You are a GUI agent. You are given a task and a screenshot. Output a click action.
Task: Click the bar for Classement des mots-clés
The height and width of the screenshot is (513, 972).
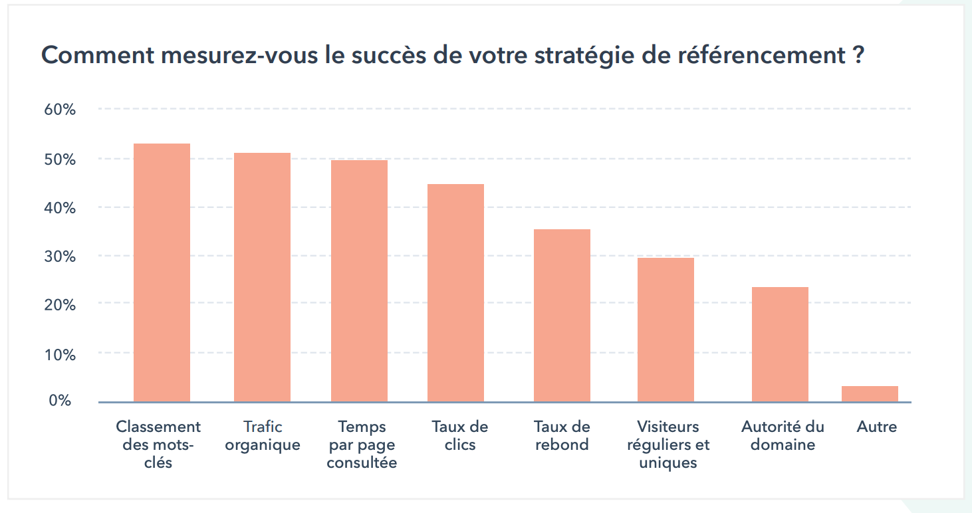162,272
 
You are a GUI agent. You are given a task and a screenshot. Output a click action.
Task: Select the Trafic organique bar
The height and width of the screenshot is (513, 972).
262,277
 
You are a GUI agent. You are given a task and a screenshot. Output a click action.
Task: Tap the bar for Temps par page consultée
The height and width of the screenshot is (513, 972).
359,280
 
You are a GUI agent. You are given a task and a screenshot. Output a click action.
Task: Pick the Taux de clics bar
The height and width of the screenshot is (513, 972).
455,292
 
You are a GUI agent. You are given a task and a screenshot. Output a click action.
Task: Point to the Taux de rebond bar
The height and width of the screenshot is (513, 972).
562,315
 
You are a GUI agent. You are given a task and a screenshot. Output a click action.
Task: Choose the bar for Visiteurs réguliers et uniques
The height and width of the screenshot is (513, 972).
666,330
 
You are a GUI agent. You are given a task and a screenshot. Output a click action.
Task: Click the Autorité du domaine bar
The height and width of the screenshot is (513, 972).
780,344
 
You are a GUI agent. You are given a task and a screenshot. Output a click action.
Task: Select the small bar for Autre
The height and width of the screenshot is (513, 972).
870,394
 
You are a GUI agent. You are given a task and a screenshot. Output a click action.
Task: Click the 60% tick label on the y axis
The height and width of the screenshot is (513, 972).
60,110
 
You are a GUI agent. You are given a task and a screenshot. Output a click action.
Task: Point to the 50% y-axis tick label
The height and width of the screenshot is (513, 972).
60,159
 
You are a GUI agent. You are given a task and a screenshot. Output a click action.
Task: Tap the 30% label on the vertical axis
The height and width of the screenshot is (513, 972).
60,256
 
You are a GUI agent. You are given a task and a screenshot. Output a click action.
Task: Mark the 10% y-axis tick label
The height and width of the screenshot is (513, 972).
60,354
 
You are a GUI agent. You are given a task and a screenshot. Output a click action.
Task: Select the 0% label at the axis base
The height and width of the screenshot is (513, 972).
60,401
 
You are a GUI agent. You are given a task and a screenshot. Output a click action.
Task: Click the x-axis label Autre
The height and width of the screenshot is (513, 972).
877,427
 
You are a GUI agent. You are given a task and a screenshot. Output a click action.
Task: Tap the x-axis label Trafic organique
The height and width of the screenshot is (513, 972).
262,436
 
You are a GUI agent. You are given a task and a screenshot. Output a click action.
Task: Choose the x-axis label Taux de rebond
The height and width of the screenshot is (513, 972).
562,436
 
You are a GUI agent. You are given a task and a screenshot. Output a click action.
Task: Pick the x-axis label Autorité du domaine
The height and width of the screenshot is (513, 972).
783,436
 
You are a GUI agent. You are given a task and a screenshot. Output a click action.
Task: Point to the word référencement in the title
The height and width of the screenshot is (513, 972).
759,55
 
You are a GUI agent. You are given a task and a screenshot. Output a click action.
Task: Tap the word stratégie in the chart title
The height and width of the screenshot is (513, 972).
579,55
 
